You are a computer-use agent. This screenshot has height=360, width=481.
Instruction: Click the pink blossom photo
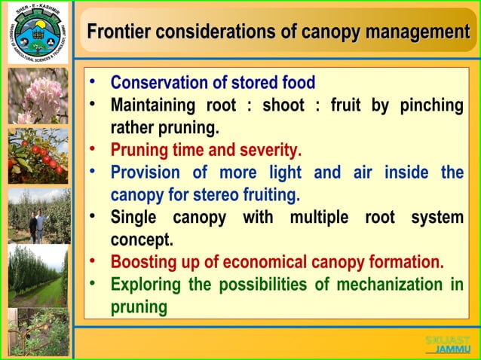38,96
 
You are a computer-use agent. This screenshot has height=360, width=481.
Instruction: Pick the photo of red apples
38,156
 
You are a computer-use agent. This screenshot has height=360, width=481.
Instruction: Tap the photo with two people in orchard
38,216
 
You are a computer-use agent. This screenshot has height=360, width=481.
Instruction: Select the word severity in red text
271,149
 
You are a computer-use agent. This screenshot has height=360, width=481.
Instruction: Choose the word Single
134,218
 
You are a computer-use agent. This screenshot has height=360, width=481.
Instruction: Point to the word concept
142,240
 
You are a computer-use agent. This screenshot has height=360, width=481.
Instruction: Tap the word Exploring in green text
146,285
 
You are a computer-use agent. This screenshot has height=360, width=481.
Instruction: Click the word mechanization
390,285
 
